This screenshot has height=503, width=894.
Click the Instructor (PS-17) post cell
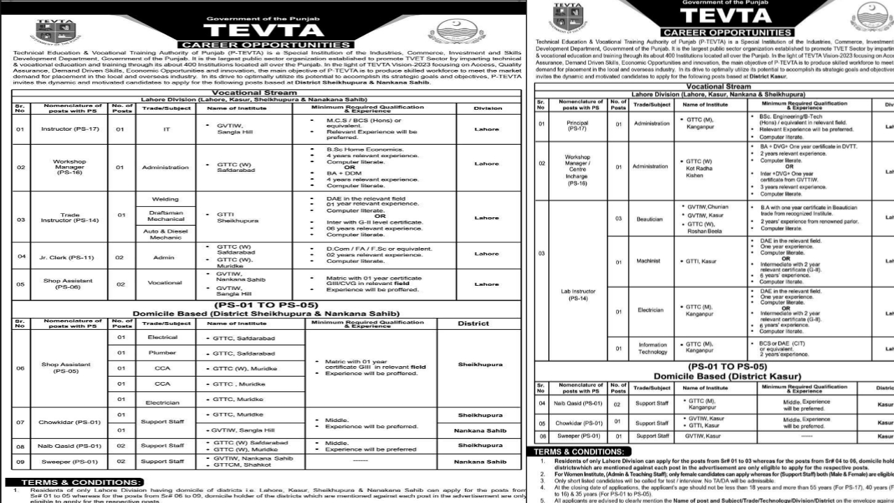[x=68, y=129]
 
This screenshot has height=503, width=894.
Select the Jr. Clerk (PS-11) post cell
[x=68, y=256]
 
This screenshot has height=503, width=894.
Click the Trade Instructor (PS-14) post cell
[x=68, y=218]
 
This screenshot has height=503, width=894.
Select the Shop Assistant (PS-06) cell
[x=68, y=284]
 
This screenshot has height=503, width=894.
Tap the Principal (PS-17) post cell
[x=578, y=125]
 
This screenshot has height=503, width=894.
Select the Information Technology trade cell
[x=651, y=348]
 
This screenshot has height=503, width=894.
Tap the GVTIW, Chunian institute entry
[x=707, y=207]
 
